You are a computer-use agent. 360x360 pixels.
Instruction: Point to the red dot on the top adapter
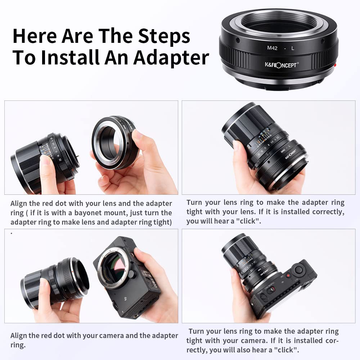(335, 65)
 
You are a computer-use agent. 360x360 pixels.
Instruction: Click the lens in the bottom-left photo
(54, 281)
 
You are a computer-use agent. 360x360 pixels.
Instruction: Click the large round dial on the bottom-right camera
(298, 270)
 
